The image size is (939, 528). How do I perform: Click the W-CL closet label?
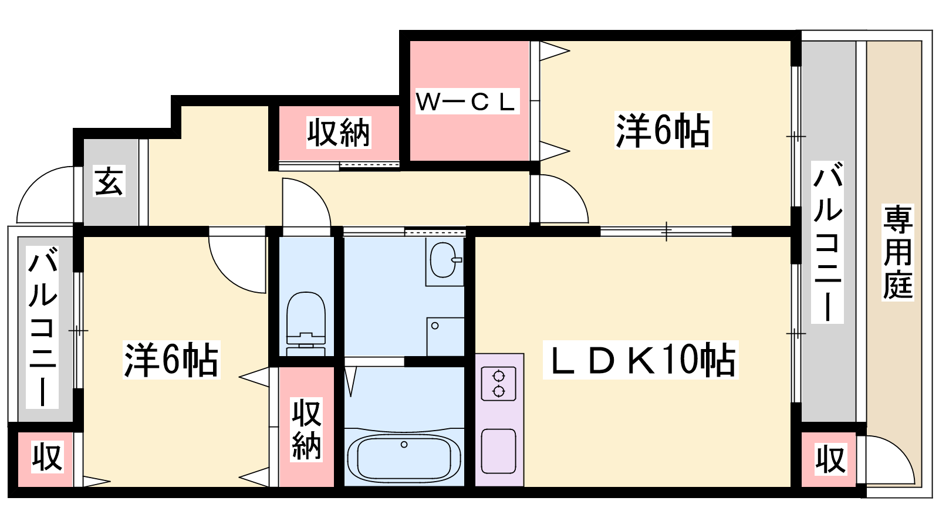467,101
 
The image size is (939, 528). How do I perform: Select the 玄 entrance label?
109,181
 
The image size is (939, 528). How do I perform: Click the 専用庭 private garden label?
898,252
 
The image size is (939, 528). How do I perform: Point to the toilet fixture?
306,323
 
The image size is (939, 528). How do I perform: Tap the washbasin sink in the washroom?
444,260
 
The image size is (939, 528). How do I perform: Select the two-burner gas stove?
498,384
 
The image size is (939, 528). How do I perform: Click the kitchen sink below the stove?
498,451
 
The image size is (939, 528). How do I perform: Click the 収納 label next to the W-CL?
338,133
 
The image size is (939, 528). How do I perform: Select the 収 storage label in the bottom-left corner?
48,457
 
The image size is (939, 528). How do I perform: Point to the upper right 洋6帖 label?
663,130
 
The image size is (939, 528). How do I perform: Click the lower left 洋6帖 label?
171,360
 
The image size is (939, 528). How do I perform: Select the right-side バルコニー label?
827,242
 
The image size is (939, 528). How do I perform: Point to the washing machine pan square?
445,337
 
